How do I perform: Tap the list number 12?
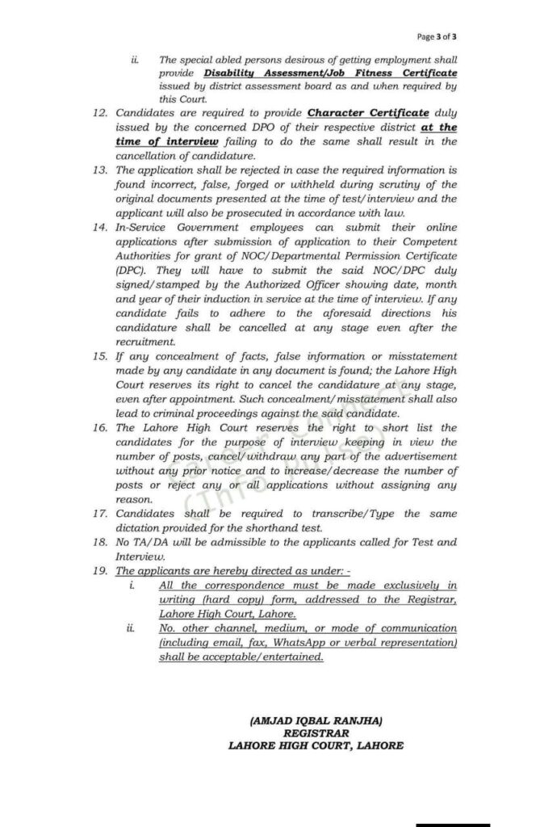(101, 114)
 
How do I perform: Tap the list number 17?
(101, 514)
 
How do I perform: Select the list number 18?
(101, 542)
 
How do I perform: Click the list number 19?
(101, 571)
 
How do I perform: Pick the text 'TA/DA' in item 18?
(153, 542)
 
